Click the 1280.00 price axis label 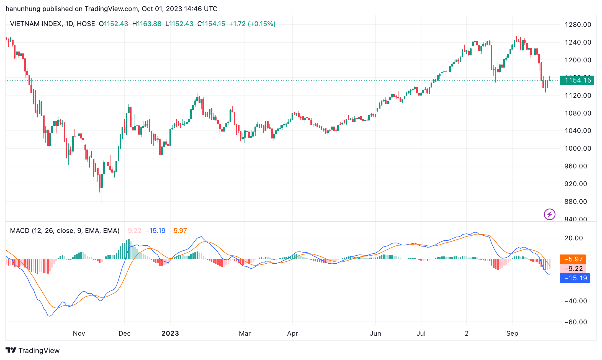(x=578, y=25)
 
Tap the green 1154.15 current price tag (x=577, y=80)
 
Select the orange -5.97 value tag (x=573, y=259)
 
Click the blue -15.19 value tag (x=575, y=278)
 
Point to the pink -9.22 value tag (x=573, y=269)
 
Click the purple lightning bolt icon (x=549, y=214)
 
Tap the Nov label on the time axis (x=79, y=333)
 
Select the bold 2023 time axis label (x=170, y=333)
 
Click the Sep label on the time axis (x=512, y=333)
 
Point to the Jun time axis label (x=375, y=333)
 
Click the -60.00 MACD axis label (x=575, y=322)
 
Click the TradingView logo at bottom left (x=32, y=351)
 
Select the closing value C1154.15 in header (x=211, y=24)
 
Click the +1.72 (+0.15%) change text (x=252, y=24)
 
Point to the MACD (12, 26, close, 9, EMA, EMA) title (x=65, y=231)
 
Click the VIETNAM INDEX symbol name (x=36, y=24)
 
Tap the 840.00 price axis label (x=576, y=219)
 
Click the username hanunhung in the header (x=23, y=9)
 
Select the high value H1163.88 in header (x=146, y=24)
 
